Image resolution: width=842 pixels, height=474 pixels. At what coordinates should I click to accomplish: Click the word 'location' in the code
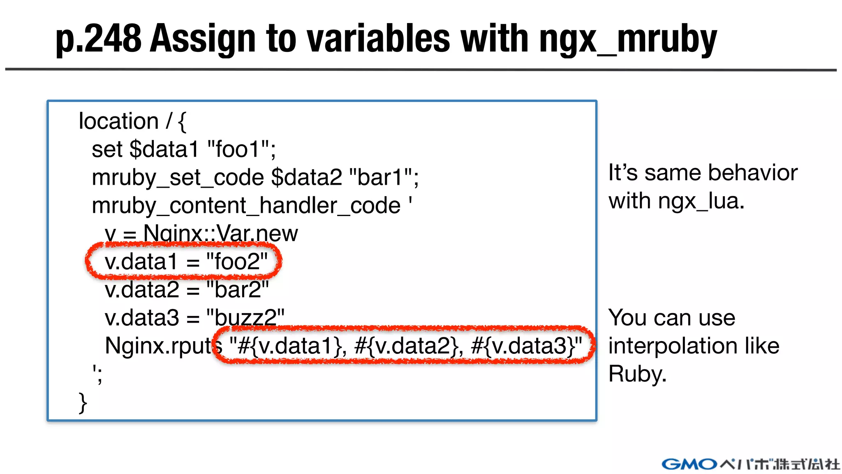[x=118, y=121]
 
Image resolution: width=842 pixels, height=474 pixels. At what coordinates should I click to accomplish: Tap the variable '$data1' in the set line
[x=164, y=149]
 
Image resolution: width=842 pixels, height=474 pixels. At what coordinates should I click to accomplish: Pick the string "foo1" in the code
[x=238, y=149]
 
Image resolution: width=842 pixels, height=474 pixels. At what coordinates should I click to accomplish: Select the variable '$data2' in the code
[x=307, y=177]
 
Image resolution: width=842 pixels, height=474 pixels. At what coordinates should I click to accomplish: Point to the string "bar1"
[x=380, y=177]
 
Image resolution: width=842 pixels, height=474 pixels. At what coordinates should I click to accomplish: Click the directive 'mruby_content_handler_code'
[x=246, y=206]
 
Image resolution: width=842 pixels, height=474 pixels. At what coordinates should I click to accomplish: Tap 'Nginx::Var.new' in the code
[x=220, y=234]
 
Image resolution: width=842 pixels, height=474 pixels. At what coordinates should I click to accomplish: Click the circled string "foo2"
[x=237, y=262]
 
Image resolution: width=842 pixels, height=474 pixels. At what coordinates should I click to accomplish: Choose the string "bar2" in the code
[x=238, y=290]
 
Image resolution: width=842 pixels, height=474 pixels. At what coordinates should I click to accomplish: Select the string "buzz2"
[x=245, y=318]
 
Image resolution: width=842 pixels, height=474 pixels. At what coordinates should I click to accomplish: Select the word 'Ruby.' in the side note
[x=637, y=374]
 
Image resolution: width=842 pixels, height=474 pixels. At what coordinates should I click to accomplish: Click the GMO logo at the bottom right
[x=689, y=464]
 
